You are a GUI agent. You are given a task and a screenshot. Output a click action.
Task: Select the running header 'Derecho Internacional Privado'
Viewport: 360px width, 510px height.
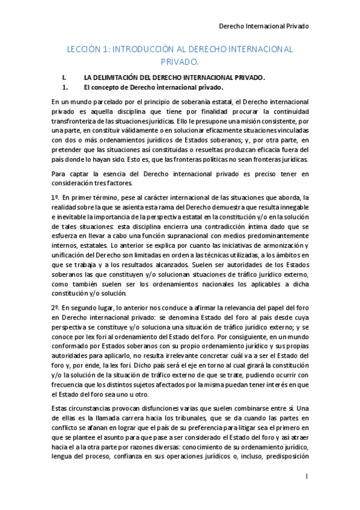[x=263, y=26]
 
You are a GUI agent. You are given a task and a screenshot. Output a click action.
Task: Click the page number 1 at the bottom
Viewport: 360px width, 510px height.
[x=306, y=478]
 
